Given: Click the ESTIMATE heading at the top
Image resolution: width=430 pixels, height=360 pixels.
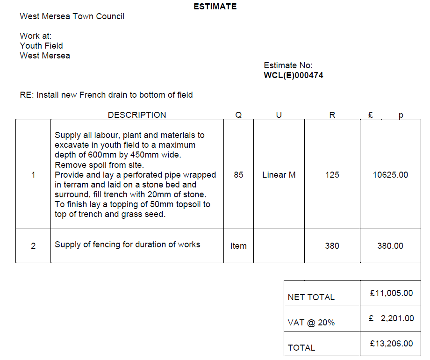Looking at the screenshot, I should [215, 7].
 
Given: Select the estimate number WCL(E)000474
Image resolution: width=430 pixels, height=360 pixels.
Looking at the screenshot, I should [294, 75].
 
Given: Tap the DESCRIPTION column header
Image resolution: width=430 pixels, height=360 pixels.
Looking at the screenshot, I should [136, 115].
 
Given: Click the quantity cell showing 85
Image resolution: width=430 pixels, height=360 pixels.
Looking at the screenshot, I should [238, 175].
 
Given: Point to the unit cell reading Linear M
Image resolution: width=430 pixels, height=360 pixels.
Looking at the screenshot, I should [279, 175].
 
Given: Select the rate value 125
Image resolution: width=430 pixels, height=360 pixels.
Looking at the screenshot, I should [332, 175].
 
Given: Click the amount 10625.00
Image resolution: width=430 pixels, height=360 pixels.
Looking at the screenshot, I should [390, 175].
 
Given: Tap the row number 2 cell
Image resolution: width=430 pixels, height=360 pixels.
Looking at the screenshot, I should [33, 246].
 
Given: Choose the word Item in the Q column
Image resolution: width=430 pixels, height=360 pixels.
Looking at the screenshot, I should [238, 246].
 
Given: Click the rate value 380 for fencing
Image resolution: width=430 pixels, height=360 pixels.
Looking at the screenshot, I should [332, 246].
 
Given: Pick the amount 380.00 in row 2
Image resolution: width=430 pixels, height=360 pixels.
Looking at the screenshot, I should [390, 246].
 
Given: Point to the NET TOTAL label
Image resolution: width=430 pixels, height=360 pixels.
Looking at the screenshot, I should [311, 297].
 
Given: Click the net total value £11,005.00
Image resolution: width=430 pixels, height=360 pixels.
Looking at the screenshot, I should [391, 293].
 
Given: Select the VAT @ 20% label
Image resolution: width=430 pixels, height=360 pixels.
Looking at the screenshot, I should [311, 323].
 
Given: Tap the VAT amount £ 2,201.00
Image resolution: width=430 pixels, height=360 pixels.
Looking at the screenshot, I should [391, 318].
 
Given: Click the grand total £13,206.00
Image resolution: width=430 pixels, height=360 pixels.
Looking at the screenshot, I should [391, 344].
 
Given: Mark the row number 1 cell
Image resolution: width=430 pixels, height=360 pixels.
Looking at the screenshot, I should [33, 175].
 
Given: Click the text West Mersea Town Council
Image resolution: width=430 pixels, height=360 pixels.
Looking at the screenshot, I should [72, 16].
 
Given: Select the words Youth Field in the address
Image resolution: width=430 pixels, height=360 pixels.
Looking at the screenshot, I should [41, 46].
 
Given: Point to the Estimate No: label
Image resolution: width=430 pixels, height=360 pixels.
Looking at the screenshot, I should [288, 65].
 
